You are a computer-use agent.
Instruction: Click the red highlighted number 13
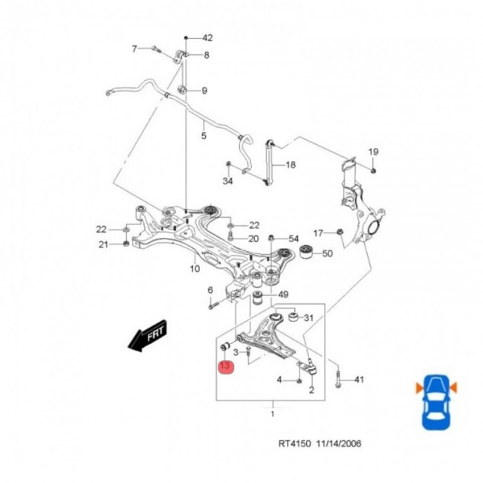225,366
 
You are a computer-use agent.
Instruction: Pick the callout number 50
328,254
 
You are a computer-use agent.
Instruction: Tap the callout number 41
359,380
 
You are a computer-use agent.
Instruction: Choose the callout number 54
294,239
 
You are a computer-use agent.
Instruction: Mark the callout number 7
134,49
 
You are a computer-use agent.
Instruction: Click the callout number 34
228,181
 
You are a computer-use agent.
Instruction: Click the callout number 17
317,233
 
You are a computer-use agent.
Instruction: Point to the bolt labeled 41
338,377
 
